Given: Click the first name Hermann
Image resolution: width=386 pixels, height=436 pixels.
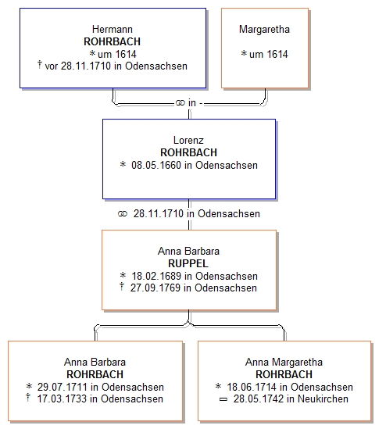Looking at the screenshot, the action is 113,29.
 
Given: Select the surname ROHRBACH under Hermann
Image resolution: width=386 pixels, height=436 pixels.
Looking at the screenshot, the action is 112,41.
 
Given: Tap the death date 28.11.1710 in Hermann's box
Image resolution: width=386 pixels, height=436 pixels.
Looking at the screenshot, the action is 86,66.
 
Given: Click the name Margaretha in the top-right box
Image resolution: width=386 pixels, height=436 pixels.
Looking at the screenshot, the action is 264,29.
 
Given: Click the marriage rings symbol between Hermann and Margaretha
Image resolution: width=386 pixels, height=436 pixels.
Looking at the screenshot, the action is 180,103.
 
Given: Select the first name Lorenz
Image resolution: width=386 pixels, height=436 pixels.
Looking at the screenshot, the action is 188,140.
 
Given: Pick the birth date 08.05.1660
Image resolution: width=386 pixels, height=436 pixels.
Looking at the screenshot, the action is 156,165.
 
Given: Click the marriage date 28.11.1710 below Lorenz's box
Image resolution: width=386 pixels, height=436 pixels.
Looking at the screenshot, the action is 159,214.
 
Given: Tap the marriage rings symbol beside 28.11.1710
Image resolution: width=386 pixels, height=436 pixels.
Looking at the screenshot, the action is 123,214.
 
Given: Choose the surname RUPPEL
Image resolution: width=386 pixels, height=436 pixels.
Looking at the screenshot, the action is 188,263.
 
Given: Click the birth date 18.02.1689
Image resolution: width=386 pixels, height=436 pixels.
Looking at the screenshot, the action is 156,276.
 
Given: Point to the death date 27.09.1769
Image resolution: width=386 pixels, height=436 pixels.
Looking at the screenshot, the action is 155,288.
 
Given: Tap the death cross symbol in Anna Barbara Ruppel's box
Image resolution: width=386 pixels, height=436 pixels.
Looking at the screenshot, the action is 122,286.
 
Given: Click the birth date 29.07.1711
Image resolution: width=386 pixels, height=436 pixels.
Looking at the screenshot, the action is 63,387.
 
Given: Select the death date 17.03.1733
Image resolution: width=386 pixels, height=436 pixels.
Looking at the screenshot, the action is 62,398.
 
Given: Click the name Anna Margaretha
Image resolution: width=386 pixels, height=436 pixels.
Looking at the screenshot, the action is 284,363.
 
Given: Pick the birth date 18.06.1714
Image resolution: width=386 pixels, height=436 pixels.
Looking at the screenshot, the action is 252,387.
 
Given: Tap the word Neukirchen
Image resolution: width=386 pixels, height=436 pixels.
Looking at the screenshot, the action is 323,398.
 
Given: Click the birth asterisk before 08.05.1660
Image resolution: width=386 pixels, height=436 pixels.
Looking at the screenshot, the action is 123,164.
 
